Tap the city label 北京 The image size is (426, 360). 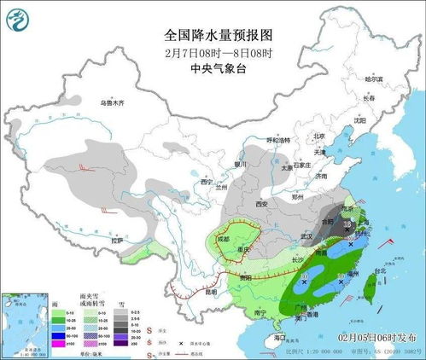pyautogui.click(x=318, y=136)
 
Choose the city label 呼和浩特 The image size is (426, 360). pyautogui.click(x=279, y=140)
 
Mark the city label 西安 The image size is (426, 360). pyautogui.click(x=261, y=205)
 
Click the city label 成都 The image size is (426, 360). pyautogui.click(x=223, y=240)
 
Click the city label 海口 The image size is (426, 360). pyautogui.click(x=279, y=338)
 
